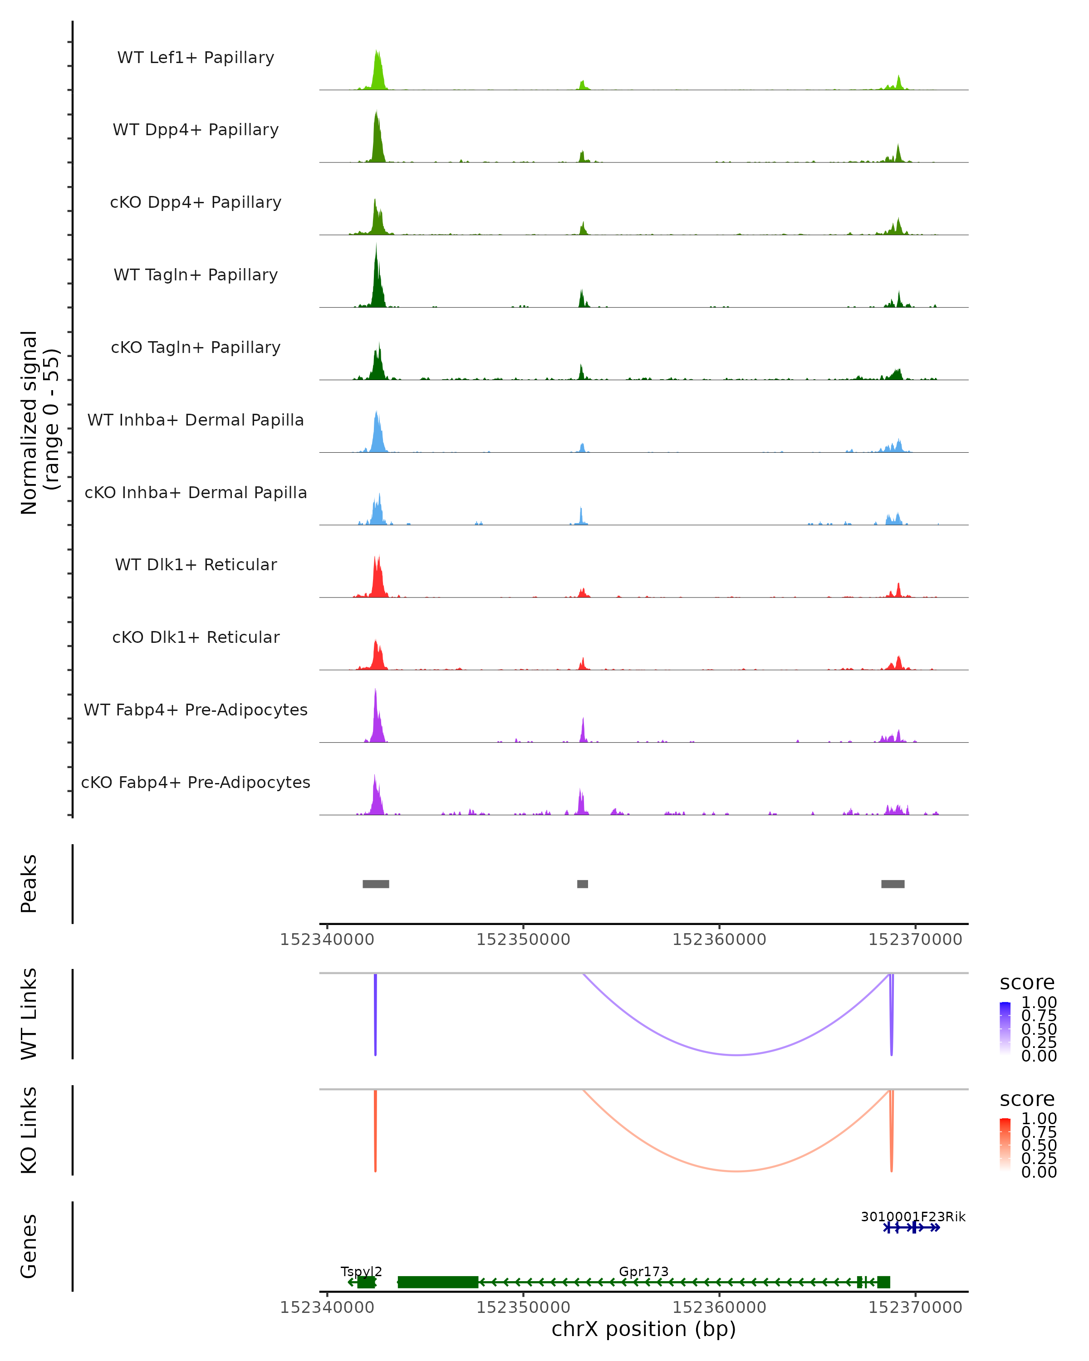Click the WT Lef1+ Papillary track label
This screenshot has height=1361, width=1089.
196,58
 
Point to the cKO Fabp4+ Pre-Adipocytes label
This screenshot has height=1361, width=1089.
196,782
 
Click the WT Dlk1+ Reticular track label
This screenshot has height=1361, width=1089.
196,564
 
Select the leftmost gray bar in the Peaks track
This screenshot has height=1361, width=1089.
376,884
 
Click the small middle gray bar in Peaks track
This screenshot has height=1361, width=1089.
583,884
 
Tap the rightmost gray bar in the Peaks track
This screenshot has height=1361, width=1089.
893,884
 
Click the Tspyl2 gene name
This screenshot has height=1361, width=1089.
361,1271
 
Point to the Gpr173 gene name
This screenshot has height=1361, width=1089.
643,1271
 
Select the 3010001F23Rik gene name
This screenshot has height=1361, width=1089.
913,1216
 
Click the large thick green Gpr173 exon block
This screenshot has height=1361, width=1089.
437,1282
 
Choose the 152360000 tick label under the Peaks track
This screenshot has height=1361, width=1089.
719,940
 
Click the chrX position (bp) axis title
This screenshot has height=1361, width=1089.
643,1329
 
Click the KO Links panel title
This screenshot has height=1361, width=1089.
29,1130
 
